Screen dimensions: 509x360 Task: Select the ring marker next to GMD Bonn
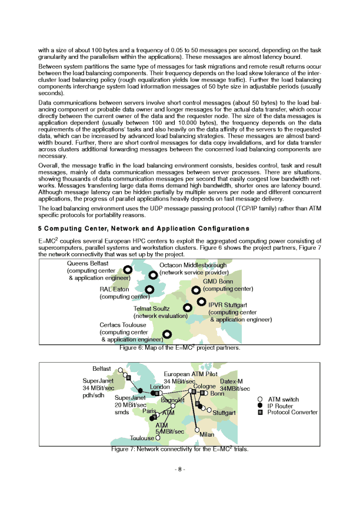196,290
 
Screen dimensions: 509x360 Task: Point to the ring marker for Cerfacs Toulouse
166,334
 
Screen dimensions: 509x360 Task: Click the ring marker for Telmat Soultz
187,307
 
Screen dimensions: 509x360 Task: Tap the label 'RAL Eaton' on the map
114,290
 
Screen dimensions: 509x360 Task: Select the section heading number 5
39,228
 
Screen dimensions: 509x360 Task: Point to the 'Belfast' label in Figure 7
102,369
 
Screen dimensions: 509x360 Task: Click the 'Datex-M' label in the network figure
231,381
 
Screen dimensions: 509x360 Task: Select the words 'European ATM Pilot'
191,374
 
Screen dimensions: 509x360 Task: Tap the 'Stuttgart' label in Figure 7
224,413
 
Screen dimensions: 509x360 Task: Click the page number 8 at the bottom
180,469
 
